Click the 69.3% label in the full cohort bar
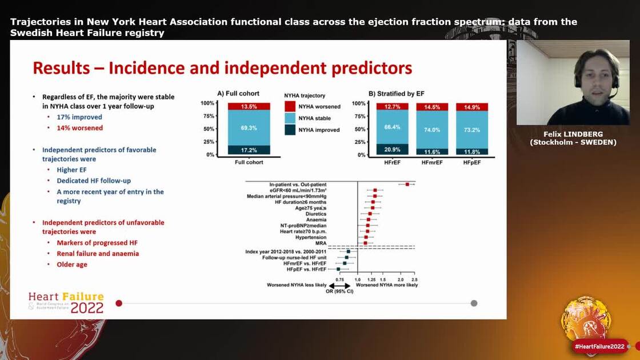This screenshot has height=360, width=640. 249,127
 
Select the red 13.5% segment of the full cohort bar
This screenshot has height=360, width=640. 249,106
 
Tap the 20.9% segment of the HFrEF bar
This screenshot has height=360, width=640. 392,149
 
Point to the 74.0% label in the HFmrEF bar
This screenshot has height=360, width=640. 432,130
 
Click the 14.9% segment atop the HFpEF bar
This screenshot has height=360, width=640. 472,107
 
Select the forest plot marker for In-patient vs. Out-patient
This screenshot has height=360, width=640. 407,184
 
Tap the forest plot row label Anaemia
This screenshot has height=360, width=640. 316,219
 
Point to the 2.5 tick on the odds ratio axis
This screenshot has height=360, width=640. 414,279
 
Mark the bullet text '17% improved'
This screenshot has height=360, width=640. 79,117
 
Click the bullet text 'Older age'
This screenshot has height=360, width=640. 71,265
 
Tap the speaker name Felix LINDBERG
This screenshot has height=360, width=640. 573,134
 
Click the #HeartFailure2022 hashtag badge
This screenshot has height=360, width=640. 599,346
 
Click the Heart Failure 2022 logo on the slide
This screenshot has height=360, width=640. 66,303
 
